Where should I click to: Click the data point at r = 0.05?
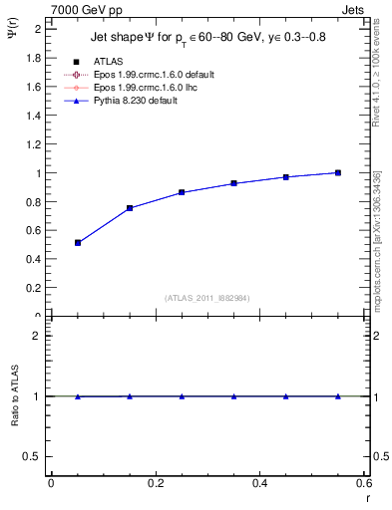coord(78,242)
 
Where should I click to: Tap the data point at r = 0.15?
coord(130,208)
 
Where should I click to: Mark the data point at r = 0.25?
coord(182,192)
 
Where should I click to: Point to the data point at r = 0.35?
coord(233,183)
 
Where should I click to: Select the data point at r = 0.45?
coord(286,176)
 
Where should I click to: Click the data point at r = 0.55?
coord(338,172)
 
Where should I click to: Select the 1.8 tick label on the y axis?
coord(34,58)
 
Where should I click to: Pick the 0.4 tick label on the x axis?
coord(259,483)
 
